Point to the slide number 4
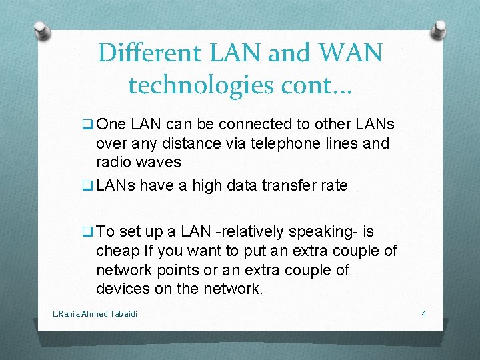pos(423,313)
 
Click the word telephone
pos(278,143)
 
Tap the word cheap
pos(117,251)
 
